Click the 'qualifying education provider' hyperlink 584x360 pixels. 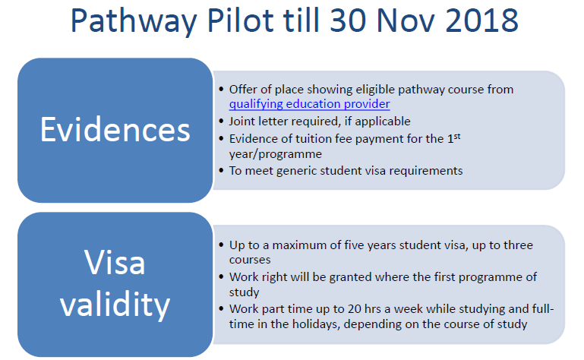click(310, 104)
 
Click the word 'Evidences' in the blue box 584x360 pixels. click(115, 130)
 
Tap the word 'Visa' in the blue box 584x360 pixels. click(115, 262)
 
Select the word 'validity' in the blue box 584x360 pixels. click(115, 305)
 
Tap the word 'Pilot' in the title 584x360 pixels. click(241, 20)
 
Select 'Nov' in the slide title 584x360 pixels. click(405, 20)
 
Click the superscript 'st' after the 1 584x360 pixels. click(457, 136)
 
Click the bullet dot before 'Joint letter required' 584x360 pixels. click(222, 121)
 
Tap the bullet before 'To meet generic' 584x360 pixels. click(222, 171)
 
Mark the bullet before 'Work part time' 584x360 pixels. click(222, 308)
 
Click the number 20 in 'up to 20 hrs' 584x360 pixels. click(354, 309)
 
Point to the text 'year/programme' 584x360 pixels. click(276, 154)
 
